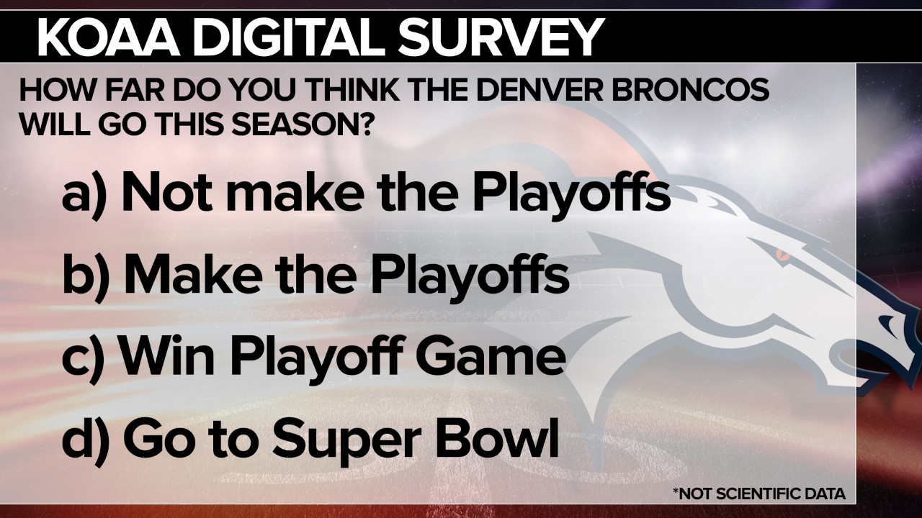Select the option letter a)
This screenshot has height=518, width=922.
[84, 194]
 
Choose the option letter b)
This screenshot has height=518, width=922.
[86, 276]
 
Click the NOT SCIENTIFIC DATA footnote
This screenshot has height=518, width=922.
[759, 494]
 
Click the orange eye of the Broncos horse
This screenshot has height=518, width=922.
[781, 254]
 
